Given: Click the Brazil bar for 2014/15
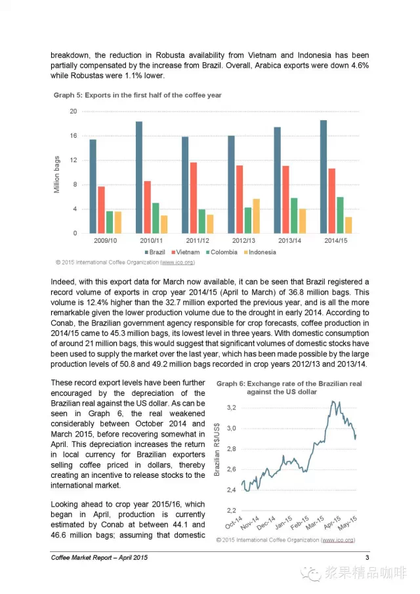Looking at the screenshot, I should tap(324, 177).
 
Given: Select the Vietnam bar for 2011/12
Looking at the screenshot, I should tap(194, 198).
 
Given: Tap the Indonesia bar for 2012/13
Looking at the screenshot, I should tap(256, 216).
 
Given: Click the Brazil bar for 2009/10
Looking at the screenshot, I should tap(93, 186).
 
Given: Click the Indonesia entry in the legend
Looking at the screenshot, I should tap(261, 252).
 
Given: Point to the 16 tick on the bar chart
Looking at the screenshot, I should tap(73, 136).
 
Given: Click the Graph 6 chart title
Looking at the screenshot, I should tap(289, 387).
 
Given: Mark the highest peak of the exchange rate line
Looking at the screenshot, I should tap(333, 401).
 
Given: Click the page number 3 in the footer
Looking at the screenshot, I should tap(367, 558).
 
